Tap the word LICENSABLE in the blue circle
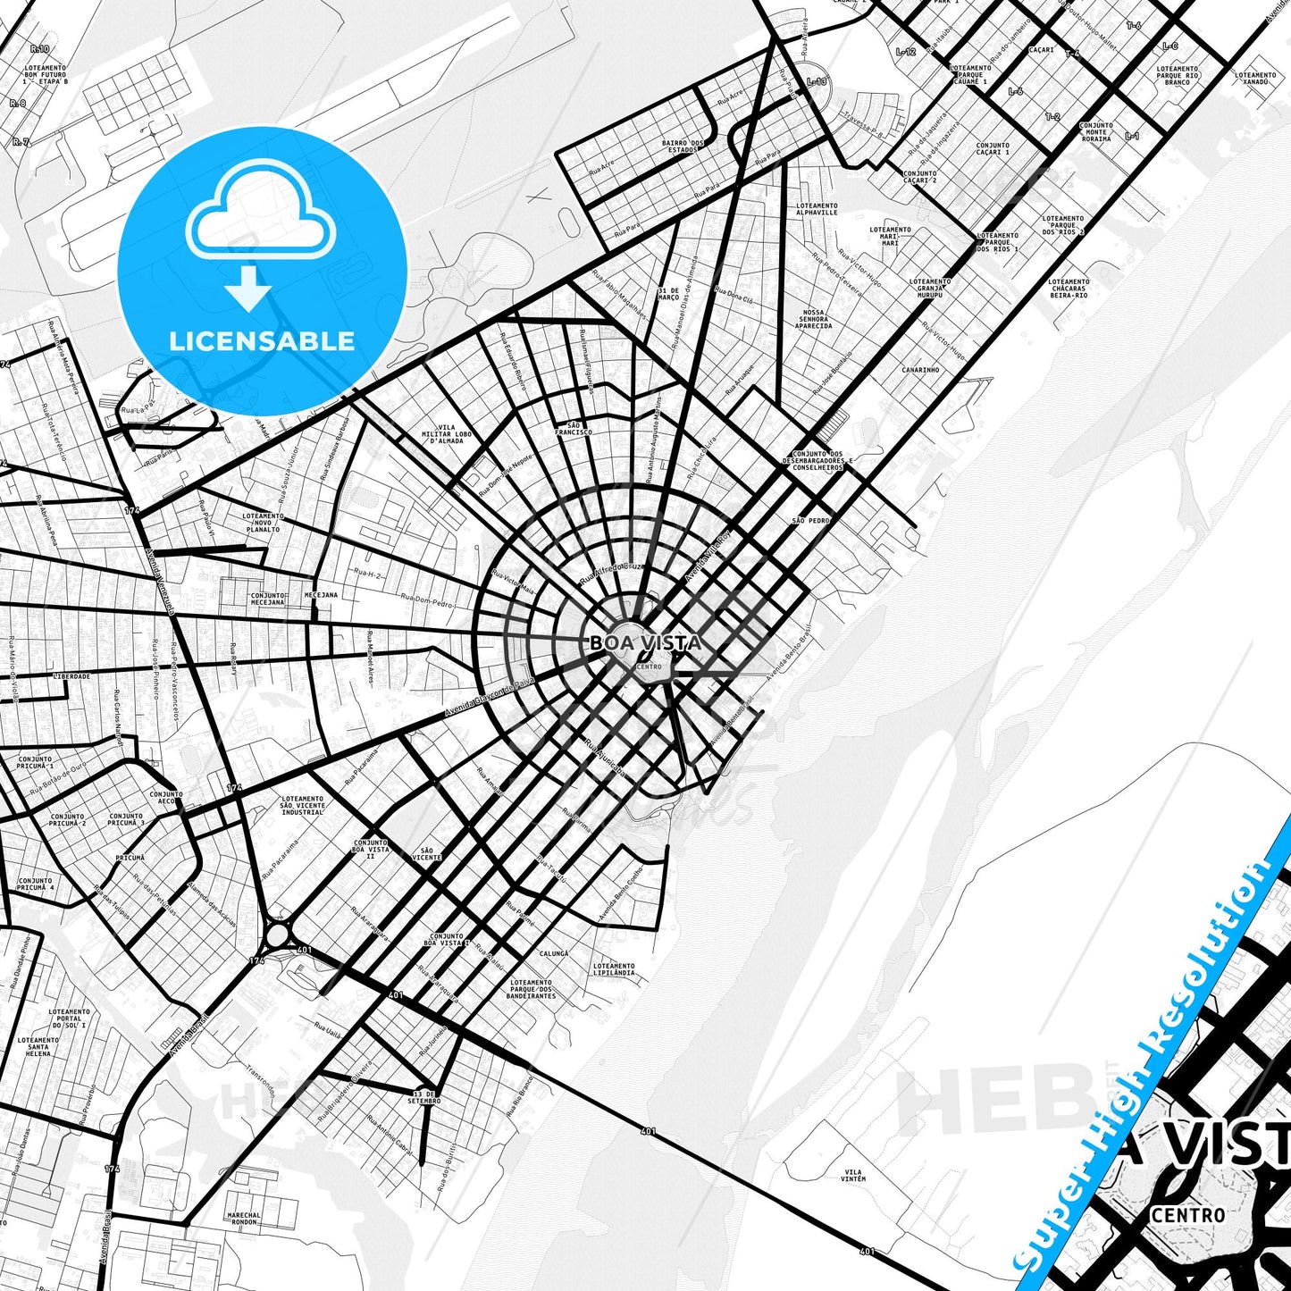coord(262,340)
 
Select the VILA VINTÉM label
coord(853,1175)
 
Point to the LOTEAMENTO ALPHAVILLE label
coord(817,209)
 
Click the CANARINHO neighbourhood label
coord(920,369)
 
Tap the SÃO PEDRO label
coord(810,520)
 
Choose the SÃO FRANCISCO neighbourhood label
coord(573,428)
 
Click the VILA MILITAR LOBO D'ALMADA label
coord(447,434)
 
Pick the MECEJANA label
coord(321,594)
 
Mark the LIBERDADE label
coord(71,676)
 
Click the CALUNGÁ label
coord(554,954)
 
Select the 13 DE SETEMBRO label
coord(425,1096)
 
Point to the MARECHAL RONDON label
coord(244,1219)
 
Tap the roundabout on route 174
coord(278,935)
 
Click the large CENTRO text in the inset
coord(1188,1215)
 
